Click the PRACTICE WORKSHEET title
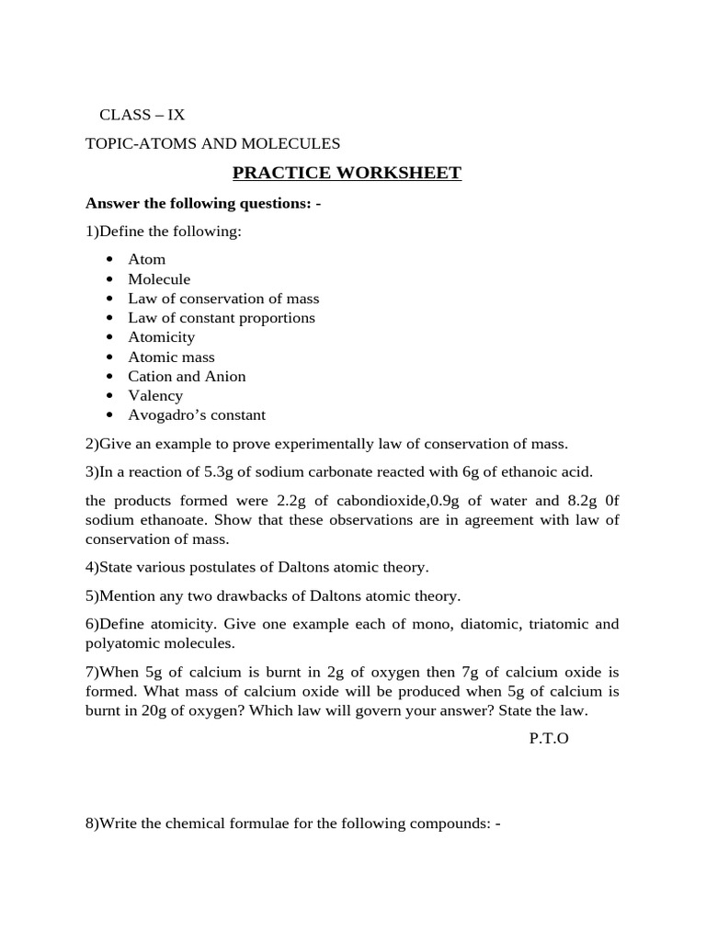pos(347,173)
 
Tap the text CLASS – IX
pos(142,115)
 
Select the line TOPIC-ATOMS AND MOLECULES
pos(212,143)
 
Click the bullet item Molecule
pos(159,279)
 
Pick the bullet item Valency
pos(155,395)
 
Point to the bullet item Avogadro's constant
pos(197,414)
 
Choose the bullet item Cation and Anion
pos(187,376)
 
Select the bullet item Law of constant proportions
pos(222,318)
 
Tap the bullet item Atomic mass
pos(171,357)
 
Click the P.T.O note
pos(549,738)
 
